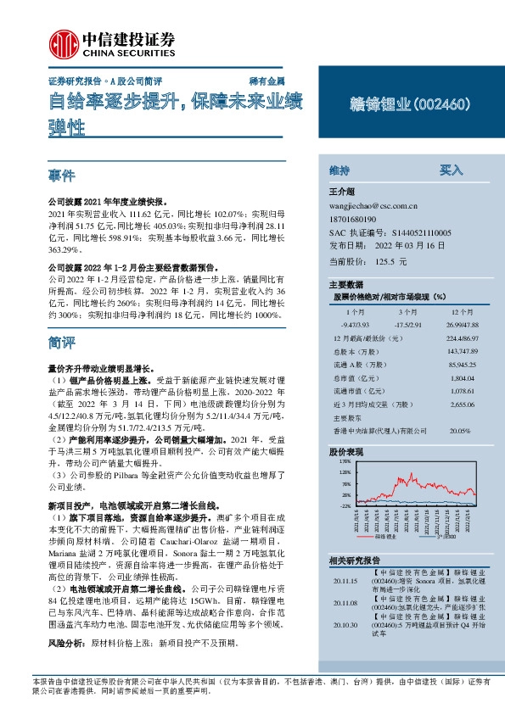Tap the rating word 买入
pyautogui.click(x=450, y=170)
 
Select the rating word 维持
pyautogui.click(x=339, y=170)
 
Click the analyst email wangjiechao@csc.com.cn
pyautogui.click(x=373, y=205)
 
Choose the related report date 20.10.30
pyautogui.click(x=345, y=625)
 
